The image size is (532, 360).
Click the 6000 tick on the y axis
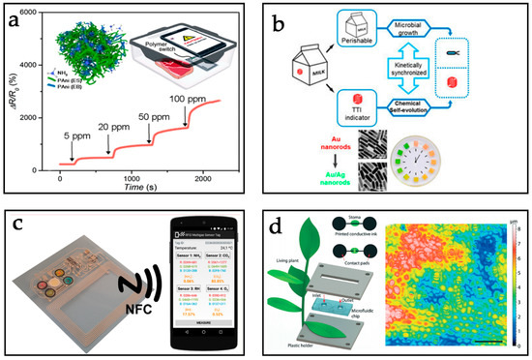pyautogui.click(x=35, y=17)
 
